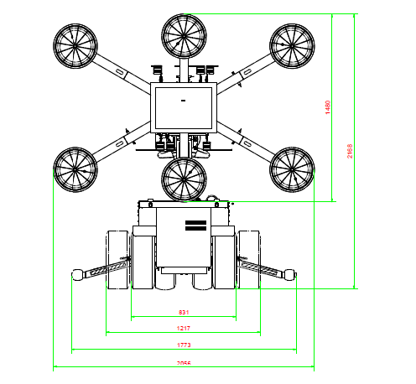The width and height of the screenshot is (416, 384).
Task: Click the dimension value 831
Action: tap(183, 313)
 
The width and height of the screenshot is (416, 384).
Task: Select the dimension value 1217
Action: tap(183, 327)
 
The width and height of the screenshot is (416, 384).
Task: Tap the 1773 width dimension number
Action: tap(183, 344)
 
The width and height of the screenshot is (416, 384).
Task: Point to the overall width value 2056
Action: tap(183, 362)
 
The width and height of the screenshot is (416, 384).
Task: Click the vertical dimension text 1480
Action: tap(328, 106)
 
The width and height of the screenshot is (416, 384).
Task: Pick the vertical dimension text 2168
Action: tap(350, 151)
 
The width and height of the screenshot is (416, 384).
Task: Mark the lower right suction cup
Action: tap(291, 169)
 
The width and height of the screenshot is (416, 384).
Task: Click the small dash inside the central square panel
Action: tap(183, 101)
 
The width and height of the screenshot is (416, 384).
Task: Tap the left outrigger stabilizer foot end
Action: tap(77, 274)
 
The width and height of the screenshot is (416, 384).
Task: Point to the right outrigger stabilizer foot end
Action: tap(291, 274)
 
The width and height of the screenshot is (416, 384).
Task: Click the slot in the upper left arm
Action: tap(120, 73)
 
